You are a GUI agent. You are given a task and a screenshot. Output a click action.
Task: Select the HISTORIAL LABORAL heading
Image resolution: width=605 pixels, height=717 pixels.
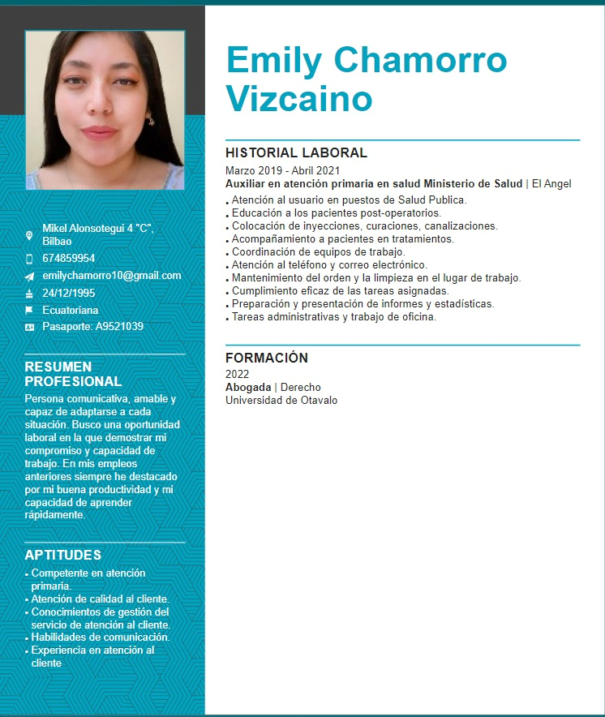click(x=296, y=152)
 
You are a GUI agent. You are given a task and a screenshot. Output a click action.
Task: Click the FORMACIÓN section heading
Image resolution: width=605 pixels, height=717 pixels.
click(x=267, y=358)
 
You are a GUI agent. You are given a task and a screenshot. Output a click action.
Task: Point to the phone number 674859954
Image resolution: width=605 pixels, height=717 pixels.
click(x=69, y=258)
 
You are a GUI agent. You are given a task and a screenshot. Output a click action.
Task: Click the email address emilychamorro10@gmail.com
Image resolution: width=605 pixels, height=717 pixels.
click(x=112, y=275)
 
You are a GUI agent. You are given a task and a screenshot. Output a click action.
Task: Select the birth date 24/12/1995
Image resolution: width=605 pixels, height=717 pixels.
click(x=69, y=293)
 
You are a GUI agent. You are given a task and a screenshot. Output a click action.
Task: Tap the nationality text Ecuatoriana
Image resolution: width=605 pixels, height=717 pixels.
click(x=71, y=310)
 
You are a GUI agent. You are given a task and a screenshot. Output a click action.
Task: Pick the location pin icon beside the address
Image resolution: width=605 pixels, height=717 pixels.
click(x=30, y=235)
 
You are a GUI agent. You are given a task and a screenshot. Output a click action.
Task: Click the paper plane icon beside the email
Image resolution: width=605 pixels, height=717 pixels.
click(x=30, y=276)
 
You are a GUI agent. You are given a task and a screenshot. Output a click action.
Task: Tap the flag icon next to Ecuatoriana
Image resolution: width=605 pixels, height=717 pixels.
click(x=30, y=310)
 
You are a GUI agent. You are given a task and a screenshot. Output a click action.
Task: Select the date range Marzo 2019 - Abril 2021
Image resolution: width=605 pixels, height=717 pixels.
click(x=282, y=170)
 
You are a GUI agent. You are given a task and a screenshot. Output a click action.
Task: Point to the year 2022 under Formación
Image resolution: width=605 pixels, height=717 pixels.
click(x=237, y=374)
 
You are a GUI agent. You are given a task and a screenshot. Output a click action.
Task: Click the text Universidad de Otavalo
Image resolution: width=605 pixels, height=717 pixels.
click(x=281, y=400)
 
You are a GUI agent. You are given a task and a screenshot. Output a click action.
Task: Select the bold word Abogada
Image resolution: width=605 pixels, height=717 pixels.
click(x=248, y=387)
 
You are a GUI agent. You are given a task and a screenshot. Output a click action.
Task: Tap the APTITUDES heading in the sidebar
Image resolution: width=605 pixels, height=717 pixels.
click(x=63, y=555)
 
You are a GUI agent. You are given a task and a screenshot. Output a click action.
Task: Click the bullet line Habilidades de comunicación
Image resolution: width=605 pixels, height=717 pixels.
click(x=101, y=638)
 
